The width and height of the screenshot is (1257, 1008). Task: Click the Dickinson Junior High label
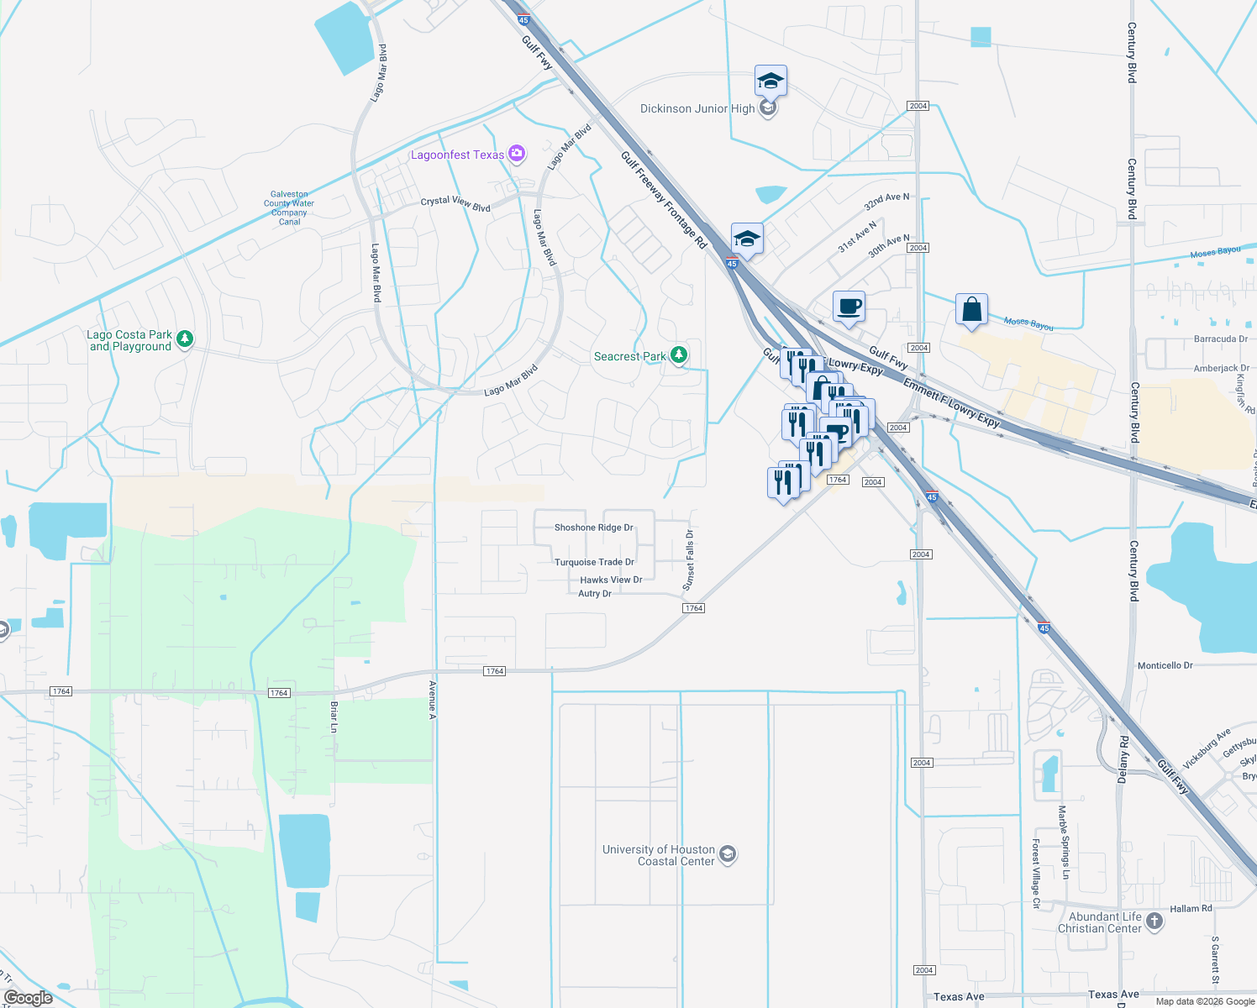697,109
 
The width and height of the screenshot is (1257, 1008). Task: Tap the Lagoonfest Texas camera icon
517,153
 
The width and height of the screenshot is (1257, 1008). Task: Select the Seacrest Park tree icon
679,355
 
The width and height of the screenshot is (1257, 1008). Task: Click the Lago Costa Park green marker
185,339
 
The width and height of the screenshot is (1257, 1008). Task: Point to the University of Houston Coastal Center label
659,855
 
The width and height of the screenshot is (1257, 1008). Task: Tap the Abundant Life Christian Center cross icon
1154,921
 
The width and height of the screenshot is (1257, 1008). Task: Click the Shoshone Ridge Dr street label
593,528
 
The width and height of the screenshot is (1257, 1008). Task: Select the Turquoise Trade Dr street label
594,562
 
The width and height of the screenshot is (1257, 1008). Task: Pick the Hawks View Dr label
611,580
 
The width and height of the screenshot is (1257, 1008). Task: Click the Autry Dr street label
595,593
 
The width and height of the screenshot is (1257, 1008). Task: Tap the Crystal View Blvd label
455,203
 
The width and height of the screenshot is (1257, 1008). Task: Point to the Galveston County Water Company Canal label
289,207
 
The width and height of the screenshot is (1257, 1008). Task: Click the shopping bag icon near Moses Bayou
971,309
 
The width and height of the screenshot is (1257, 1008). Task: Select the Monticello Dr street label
1165,665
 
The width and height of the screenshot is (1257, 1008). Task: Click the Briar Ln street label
334,717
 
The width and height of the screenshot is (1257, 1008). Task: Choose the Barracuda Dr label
1221,339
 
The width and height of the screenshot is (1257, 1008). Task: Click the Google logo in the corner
29,998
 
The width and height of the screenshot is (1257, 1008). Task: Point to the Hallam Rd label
1191,908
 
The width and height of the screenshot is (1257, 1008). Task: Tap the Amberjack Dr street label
1221,368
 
